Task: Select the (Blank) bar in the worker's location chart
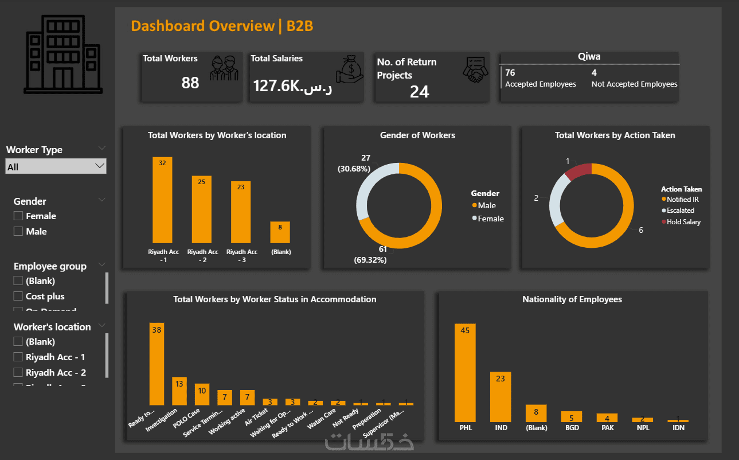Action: [280, 232]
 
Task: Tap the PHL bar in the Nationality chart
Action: [465, 373]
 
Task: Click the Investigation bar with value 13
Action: [179, 391]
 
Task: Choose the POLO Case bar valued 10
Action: [202, 395]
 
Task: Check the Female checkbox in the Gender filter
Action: [18, 216]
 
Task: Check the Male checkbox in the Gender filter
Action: [18, 232]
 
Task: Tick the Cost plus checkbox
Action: [18, 297]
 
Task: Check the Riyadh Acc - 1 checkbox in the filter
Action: [18, 357]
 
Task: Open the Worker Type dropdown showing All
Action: [56, 167]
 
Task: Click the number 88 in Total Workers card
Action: [190, 83]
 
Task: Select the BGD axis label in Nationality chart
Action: [571, 428]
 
